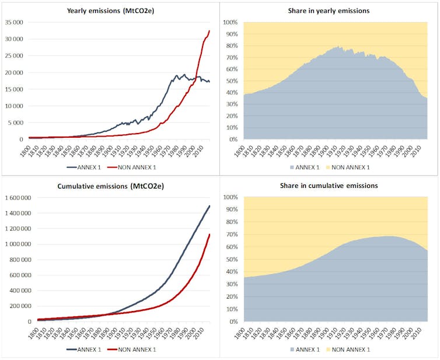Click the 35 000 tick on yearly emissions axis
point(13,22)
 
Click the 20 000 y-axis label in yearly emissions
point(13,72)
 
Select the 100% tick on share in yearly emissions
point(229,22)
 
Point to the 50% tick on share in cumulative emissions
point(231,260)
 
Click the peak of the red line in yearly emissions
point(209,30)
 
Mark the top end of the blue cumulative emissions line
point(209,205)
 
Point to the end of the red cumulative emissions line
point(209,234)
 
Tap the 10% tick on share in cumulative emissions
point(231,309)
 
